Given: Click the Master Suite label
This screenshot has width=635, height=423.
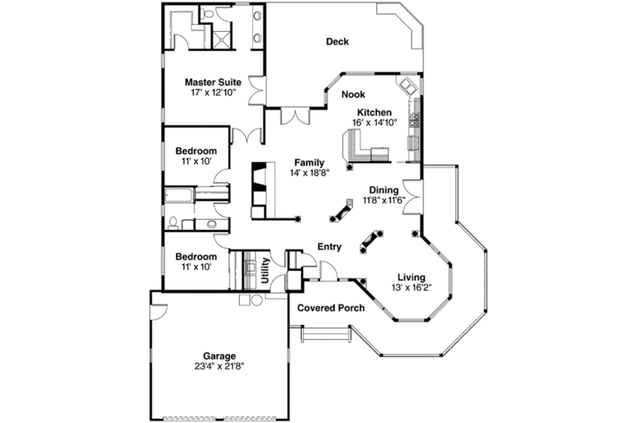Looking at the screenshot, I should coord(213,82).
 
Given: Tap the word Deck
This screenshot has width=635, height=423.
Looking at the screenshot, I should coord(337,42).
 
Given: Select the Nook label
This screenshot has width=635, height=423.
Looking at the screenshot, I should coord(353,94).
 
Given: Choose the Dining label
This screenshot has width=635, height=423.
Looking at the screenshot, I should coord(383,190).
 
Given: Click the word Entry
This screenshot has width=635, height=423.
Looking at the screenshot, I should coord(329,247).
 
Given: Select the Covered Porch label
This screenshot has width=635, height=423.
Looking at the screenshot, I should coord(331,307).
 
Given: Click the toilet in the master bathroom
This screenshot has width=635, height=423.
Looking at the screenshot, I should coord(209,13).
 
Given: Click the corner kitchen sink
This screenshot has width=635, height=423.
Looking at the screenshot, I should coord(407,85).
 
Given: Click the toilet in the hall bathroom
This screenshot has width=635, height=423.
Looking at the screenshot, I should coord(174,221).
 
